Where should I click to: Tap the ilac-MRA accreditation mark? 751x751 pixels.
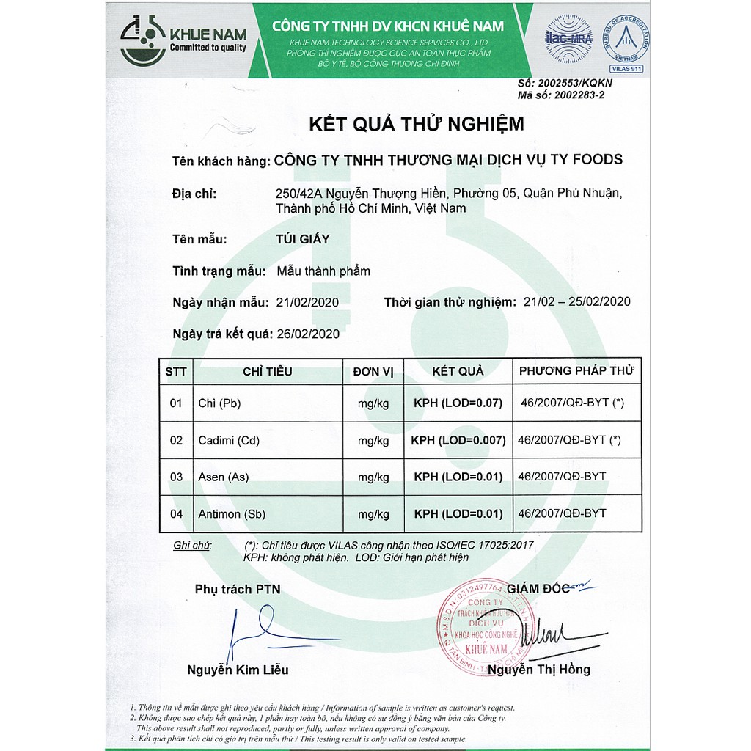pos(568,38)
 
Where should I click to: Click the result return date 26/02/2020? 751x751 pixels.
pos(308,334)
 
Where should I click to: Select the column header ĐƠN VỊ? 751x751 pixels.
pos(373,371)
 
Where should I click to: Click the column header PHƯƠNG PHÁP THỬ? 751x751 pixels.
pos(576,370)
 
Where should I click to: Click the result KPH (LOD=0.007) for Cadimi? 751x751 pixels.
pos(458,441)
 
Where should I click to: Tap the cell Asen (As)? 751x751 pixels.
pos(224,477)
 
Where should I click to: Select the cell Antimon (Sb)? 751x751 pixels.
pos(230,514)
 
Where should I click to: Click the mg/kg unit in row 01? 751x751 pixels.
pos(373,403)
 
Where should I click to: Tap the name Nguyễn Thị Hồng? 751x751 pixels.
pos(538,669)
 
